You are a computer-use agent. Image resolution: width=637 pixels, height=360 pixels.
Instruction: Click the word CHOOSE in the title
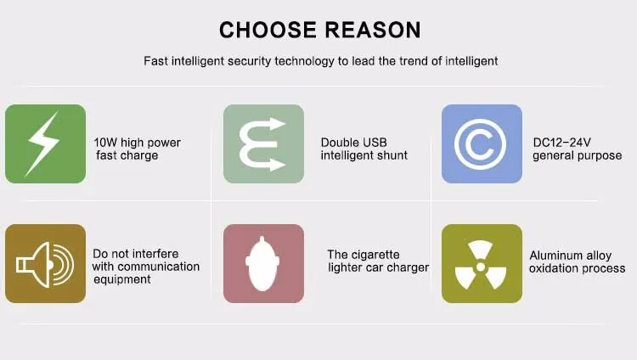(x=268, y=30)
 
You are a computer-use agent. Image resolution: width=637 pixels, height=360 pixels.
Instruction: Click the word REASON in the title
(x=373, y=30)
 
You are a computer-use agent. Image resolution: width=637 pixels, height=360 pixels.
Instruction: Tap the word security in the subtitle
(x=249, y=61)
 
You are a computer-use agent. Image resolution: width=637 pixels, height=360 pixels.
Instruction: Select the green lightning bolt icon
(x=46, y=143)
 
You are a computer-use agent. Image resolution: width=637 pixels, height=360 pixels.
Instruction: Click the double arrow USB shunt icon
(x=263, y=143)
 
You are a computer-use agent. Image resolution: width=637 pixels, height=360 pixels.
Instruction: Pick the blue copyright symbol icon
(x=482, y=143)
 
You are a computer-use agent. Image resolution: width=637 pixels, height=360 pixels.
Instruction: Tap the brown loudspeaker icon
(x=46, y=264)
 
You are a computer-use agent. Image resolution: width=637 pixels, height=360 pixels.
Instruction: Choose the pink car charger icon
(x=263, y=264)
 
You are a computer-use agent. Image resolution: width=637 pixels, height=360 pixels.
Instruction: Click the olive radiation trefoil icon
(x=482, y=264)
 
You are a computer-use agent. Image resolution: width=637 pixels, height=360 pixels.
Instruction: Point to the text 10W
(x=105, y=143)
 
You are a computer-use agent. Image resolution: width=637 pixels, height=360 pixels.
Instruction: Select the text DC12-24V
(x=562, y=143)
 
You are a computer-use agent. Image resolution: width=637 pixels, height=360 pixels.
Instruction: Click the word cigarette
(x=375, y=255)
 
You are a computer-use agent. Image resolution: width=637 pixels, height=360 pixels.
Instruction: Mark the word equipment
(x=122, y=280)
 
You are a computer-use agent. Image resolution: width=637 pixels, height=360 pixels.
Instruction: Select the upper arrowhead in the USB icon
(x=278, y=124)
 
